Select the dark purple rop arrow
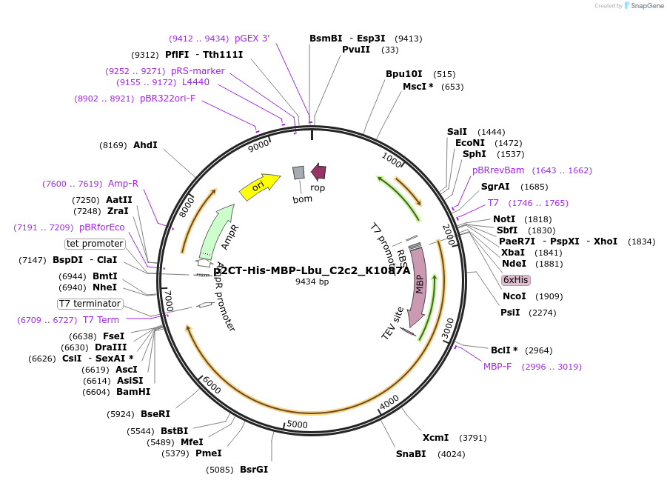[318, 172]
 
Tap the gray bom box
[298, 173]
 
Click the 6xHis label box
[515, 280]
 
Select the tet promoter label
[95, 244]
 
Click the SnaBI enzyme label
[411, 454]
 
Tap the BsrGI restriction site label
[254, 470]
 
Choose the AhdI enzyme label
[145, 145]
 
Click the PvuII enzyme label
[356, 50]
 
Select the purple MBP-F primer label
[497, 367]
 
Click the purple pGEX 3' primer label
[252, 39]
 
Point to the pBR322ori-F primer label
[167, 99]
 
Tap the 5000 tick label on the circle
[297, 424]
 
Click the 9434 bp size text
[312, 282]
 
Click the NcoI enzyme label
[514, 296]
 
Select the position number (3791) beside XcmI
[473, 438]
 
